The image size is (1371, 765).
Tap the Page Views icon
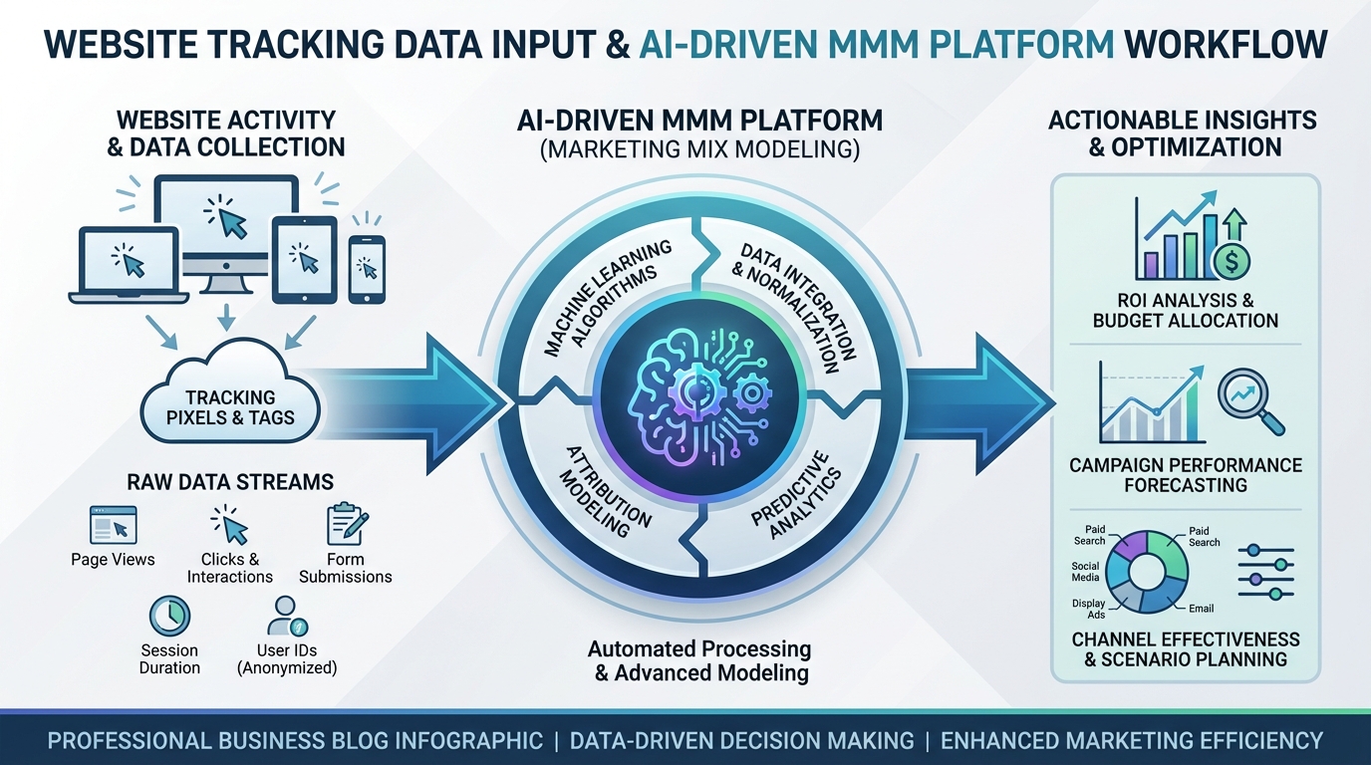113,524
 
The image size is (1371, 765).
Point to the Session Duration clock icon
167,616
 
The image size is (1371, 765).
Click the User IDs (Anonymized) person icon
286,616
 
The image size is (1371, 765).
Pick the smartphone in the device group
367,269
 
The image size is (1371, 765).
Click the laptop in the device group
130,264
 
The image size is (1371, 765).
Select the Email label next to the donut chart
1201,608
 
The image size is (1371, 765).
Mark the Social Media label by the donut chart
1085,572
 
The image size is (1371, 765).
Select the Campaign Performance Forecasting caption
1185,475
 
